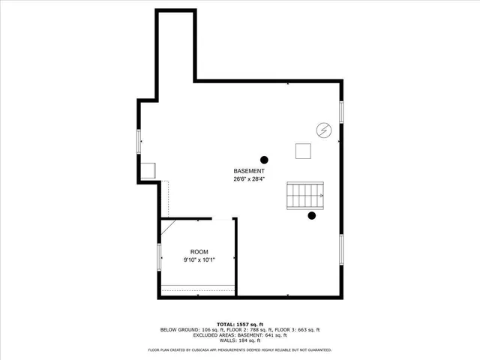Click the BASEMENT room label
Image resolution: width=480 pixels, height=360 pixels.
click(248, 172)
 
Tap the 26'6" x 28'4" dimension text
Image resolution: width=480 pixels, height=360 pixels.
click(248, 179)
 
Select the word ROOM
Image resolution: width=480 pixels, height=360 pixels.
click(199, 252)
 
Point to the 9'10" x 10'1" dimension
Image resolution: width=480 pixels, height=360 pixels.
click(199, 259)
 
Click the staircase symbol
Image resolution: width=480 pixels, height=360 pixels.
click(305, 196)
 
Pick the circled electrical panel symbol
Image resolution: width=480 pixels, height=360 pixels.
click(323, 130)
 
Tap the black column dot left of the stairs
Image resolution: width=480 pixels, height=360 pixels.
click(264, 159)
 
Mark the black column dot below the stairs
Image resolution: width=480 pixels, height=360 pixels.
click(312, 217)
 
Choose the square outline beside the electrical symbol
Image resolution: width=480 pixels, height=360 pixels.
click(304, 151)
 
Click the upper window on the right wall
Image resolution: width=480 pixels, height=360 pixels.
click(341, 112)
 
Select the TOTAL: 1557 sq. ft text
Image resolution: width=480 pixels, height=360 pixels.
click(239, 323)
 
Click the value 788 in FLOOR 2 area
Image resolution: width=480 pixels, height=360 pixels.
click(250, 329)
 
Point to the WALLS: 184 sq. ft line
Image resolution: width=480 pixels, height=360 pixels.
click(239, 341)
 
